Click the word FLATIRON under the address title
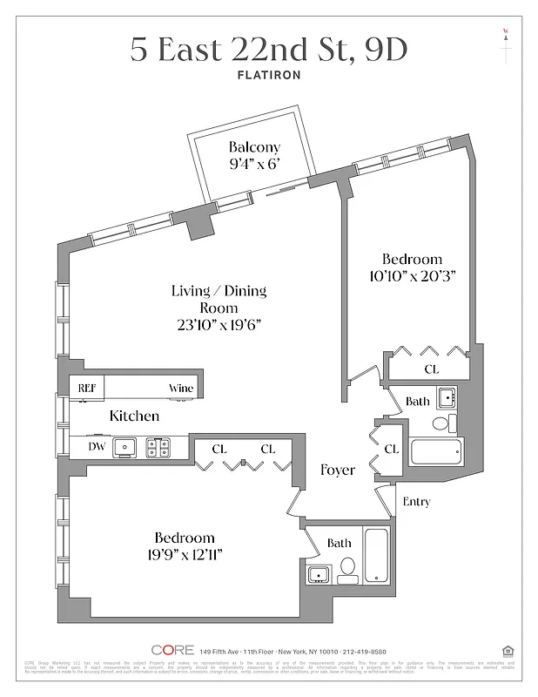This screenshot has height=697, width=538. (269, 75)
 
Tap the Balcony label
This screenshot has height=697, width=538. (254, 147)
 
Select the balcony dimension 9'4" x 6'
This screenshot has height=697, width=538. (254, 165)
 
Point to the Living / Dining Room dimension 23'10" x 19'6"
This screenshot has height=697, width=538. (219, 324)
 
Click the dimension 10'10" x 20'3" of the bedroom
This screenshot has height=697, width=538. (412, 275)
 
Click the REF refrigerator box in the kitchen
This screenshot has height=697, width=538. (87, 389)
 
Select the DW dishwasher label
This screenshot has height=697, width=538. (97, 447)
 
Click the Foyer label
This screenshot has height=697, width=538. (337, 470)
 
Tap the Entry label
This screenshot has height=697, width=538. (416, 502)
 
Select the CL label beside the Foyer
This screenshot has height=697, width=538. (391, 449)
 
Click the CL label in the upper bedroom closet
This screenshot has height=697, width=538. (431, 369)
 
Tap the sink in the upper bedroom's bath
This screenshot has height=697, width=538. (446, 397)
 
